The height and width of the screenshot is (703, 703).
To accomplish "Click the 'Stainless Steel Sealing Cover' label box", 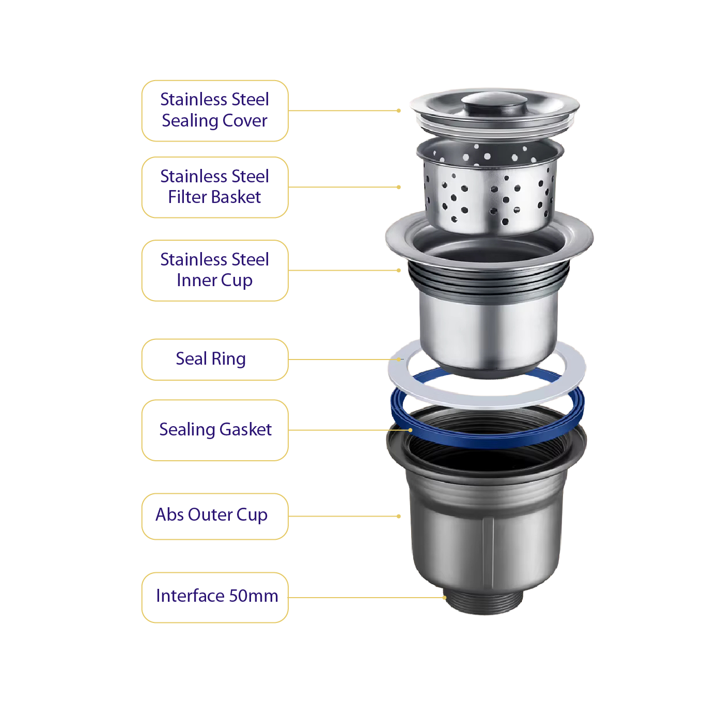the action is pyautogui.click(x=214, y=111).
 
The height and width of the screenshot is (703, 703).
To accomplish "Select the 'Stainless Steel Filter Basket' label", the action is pyautogui.click(x=214, y=187).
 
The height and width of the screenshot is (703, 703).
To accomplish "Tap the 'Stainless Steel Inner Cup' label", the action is pyautogui.click(x=214, y=270).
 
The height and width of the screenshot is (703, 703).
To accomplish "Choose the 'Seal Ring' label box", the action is pyautogui.click(x=214, y=360).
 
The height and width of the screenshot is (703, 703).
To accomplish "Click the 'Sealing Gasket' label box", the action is pyautogui.click(x=214, y=430).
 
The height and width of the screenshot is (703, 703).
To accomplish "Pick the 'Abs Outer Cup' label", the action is pyautogui.click(x=214, y=516).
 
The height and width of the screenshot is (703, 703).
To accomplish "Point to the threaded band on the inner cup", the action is pyautogui.click(x=488, y=279).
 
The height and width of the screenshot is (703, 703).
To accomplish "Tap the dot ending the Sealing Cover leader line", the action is pyautogui.click(x=399, y=111).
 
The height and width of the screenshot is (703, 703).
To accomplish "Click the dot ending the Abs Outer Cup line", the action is pyautogui.click(x=399, y=516).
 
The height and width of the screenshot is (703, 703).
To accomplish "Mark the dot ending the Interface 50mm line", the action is pyautogui.click(x=444, y=598).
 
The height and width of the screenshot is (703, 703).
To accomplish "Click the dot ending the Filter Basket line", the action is pyautogui.click(x=399, y=187).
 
